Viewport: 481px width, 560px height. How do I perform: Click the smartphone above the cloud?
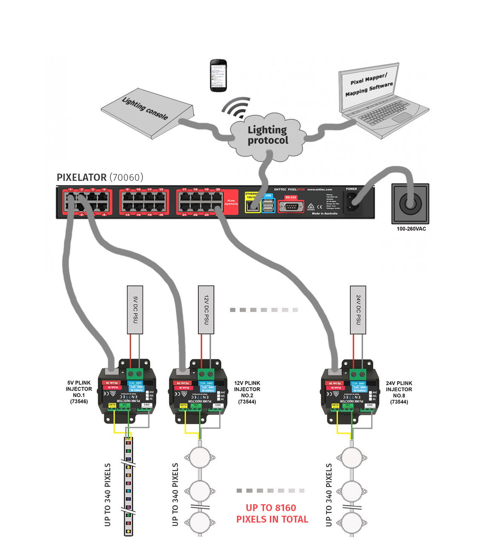tap(218, 75)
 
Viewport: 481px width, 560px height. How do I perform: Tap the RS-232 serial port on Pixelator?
tap(291, 206)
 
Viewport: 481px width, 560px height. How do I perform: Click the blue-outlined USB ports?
tap(268, 205)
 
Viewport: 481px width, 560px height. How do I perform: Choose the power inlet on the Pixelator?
tap(354, 203)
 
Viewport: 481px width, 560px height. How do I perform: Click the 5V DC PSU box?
tap(135, 309)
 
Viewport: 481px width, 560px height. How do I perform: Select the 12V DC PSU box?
tap(206, 309)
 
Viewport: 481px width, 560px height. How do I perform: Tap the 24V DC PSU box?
tap(358, 309)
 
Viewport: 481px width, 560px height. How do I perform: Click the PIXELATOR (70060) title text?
tap(100, 177)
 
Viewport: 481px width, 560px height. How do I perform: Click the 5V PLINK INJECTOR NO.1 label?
tap(79, 392)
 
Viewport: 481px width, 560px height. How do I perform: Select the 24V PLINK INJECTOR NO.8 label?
tap(399, 392)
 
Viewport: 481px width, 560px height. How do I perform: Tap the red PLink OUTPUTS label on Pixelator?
tap(231, 202)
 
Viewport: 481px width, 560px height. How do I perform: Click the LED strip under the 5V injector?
tap(128, 485)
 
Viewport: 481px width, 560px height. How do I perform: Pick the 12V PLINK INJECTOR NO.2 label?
tap(247, 392)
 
